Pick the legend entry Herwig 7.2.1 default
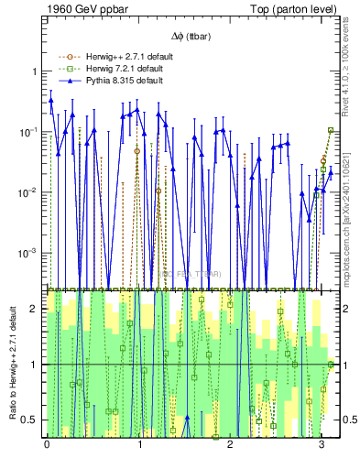click(x=120, y=69)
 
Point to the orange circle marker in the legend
click(x=67, y=58)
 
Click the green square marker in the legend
click(x=67, y=69)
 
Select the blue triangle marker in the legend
click(x=67, y=80)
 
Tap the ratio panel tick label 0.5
click(x=31, y=420)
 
